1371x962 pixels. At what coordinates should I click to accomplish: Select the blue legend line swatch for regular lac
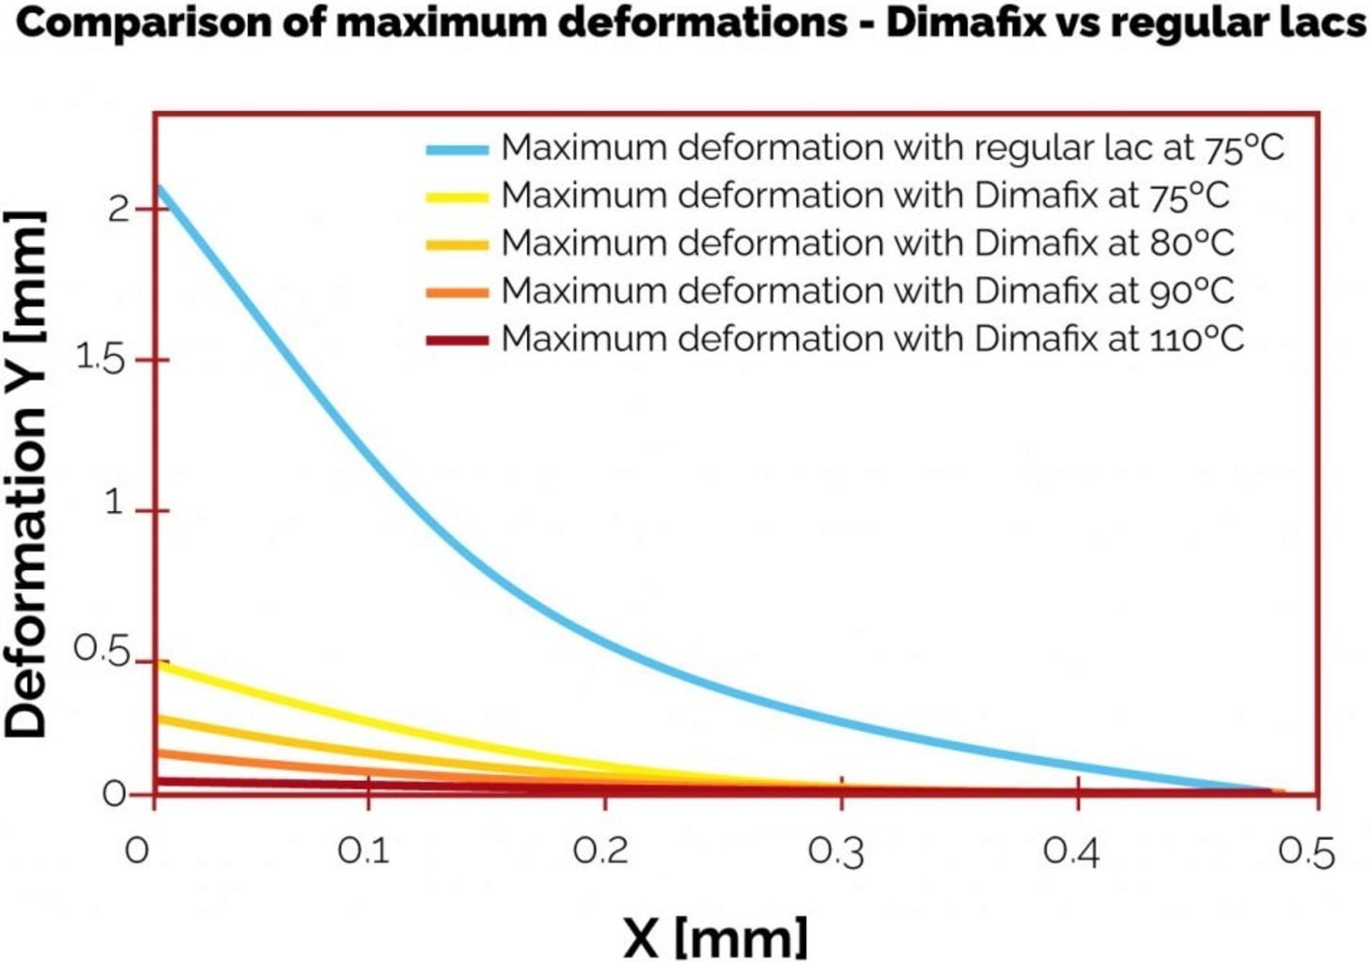457,149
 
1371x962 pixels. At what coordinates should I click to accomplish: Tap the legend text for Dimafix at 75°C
865,195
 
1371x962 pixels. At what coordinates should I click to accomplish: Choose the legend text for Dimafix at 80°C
866,242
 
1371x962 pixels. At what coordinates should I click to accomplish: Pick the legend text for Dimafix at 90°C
866,290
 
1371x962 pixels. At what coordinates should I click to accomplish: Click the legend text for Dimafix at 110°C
871,338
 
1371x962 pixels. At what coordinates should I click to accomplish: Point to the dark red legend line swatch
457,339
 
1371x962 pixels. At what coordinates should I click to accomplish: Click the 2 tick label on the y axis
118,208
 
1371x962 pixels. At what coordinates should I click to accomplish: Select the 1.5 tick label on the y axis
100,358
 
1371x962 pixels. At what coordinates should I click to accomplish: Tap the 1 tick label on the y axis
115,504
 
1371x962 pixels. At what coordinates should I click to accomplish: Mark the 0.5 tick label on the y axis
101,650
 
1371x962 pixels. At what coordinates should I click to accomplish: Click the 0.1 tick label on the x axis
364,851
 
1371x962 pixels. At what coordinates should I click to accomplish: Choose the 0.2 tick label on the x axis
600,851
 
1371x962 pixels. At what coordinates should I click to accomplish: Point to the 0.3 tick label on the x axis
836,852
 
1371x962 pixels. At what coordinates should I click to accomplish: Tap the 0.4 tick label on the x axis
1071,852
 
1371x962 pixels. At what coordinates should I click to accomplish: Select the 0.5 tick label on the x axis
1306,852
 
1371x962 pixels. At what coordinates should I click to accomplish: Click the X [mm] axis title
714,937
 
